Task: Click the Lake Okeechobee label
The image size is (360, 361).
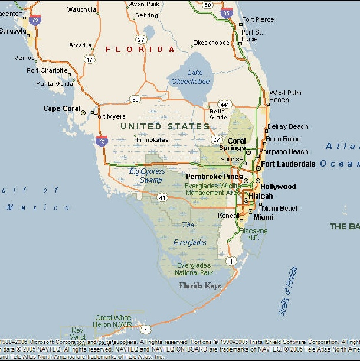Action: coord(190,77)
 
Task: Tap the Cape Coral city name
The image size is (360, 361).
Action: coord(61,109)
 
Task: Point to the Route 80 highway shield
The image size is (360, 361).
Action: coord(136,99)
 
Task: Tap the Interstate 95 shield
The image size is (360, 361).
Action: coord(225,11)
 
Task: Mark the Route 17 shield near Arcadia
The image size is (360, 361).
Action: coord(89,59)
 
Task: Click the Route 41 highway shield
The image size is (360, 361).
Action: coord(161,198)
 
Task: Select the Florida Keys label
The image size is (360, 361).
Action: coord(200,286)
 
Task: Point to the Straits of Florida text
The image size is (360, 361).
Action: coord(287,291)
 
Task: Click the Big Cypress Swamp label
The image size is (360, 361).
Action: coord(147,175)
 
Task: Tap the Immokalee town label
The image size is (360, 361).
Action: coord(152,140)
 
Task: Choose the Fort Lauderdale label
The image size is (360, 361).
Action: coord(288,164)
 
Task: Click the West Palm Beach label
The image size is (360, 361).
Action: coord(285,96)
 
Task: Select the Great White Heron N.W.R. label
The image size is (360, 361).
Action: coord(113,321)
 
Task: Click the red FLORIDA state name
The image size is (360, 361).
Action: coord(140,50)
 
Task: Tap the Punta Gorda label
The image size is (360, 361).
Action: coord(54,83)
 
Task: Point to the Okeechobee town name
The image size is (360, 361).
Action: coord(211,43)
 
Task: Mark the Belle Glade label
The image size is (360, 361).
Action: coord(217,114)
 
